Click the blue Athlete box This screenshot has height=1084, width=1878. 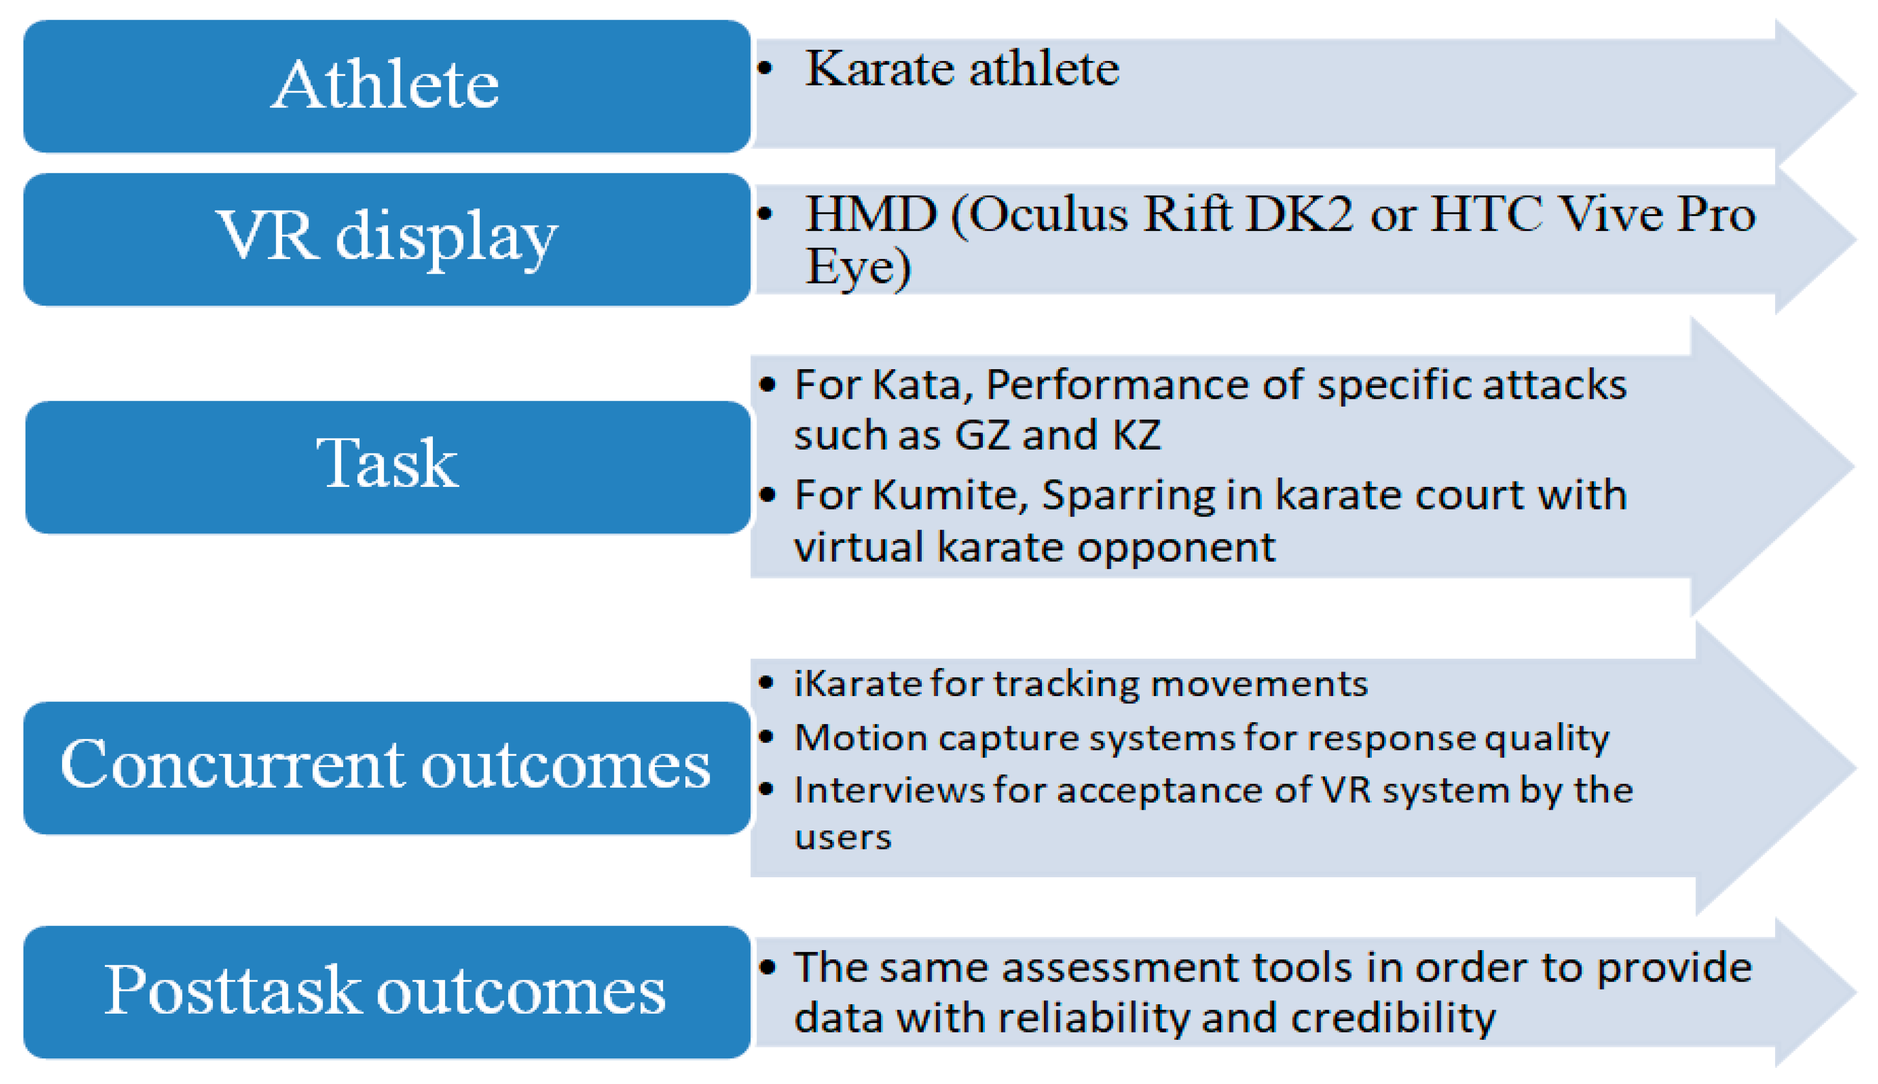coord(387,86)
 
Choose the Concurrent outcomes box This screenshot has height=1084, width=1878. coord(387,767)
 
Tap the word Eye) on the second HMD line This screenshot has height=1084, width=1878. coord(858,268)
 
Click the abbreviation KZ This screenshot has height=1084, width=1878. coord(1136,435)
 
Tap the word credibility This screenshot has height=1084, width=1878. coord(1392,1018)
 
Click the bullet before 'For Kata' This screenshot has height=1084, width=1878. coord(768,385)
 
